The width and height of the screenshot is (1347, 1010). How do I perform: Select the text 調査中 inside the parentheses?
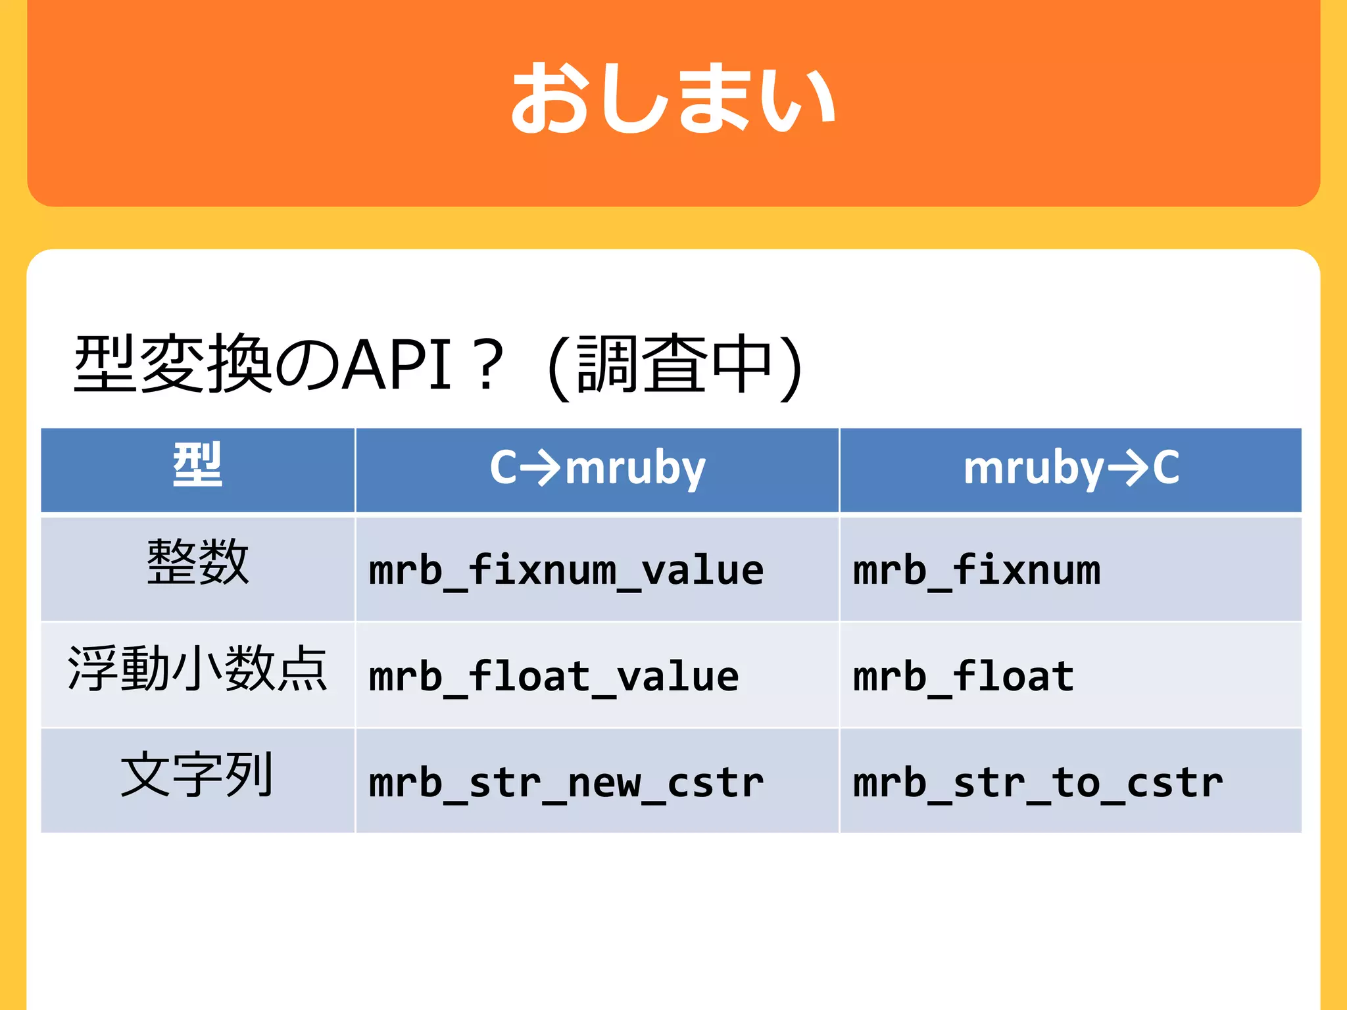pyautogui.click(x=673, y=364)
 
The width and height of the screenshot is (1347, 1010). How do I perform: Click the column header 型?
pyautogui.click(x=197, y=466)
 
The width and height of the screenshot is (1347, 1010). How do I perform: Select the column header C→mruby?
pyautogui.click(x=597, y=468)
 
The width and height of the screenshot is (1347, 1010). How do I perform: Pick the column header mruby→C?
pyautogui.click(x=1071, y=468)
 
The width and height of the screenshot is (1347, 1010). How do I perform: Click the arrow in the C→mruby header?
pyautogui.click(x=541, y=468)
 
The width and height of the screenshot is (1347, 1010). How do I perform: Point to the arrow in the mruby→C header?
pyautogui.click(x=1127, y=468)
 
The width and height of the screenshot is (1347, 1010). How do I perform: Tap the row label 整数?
pyautogui.click(x=197, y=563)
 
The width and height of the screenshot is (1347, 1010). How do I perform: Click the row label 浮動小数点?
pyautogui.click(x=197, y=669)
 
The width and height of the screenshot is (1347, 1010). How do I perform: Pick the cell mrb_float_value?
pyautogui.click(x=554, y=677)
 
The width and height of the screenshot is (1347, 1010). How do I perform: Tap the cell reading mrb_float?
pyautogui.click(x=963, y=677)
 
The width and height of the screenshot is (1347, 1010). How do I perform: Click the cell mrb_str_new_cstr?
pyautogui.click(x=566, y=784)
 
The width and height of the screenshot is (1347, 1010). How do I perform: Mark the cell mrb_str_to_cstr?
pyautogui.click(x=1038, y=784)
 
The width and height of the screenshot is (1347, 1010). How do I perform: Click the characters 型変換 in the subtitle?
pyautogui.click(x=172, y=364)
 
